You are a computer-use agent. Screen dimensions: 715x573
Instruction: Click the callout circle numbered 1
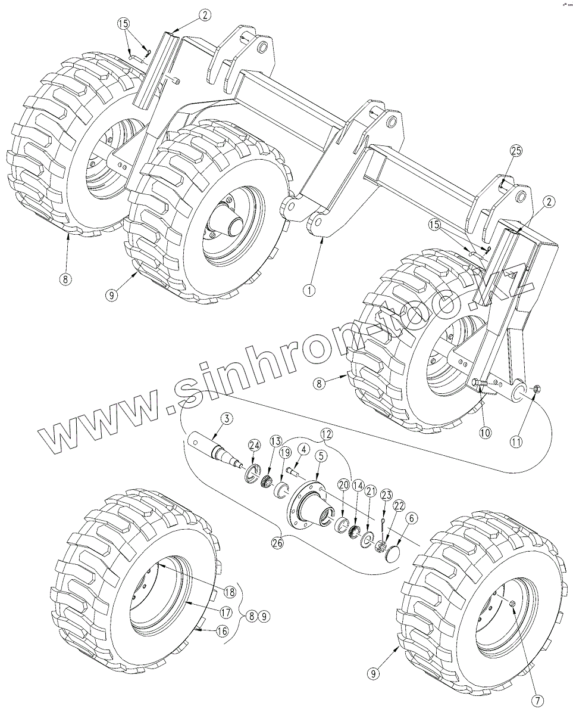308,291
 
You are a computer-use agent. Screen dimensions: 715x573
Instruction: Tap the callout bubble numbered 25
515,152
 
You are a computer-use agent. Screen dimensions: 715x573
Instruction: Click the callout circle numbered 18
230,592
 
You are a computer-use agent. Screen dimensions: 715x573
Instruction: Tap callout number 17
226,611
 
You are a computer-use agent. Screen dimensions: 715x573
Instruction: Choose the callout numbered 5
321,456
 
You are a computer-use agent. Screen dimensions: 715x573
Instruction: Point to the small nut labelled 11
536,389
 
